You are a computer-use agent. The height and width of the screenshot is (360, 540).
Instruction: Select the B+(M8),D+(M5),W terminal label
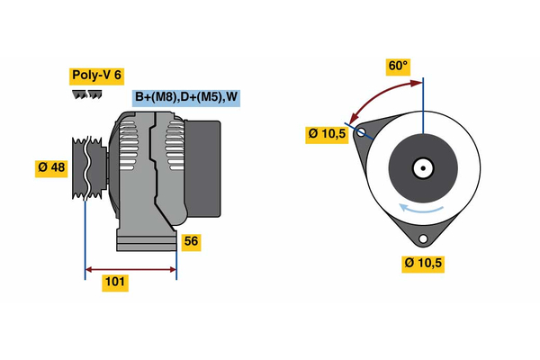click(187, 97)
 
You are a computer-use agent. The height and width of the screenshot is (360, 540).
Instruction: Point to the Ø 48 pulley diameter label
click(51, 169)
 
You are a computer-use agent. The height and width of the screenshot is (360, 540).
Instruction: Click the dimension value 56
click(190, 241)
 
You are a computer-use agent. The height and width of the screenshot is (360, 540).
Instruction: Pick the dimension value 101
click(115, 283)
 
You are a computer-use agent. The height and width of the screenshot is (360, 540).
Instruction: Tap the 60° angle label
click(398, 66)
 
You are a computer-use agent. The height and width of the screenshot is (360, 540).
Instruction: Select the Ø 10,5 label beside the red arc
click(327, 134)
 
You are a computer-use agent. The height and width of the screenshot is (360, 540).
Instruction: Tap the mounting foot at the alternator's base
click(144, 241)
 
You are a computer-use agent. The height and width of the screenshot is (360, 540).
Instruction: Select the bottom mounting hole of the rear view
click(423, 238)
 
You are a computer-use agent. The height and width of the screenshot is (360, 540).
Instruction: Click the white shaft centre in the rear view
click(422, 167)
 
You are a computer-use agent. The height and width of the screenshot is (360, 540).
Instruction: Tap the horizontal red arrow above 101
click(130, 268)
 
